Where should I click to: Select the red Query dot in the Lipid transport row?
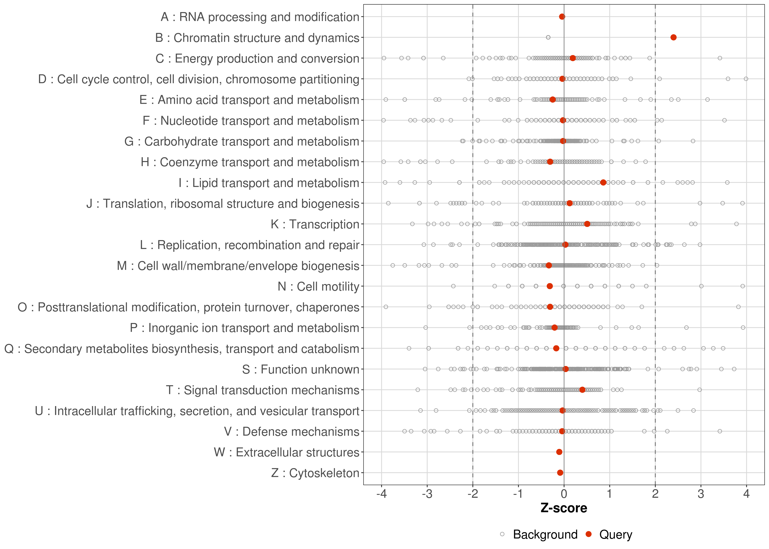point(603,183)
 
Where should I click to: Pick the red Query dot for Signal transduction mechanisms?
point(582,390)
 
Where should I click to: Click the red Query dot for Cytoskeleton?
point(560,473)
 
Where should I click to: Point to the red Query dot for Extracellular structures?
point(559,452)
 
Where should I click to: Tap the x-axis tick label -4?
point(381,494)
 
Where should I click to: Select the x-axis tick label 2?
point(655,494)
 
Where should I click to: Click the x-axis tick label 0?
point(564,494)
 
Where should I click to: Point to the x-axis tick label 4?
point(746,494)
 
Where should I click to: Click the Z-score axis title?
point(564,508)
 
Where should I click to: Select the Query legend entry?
point(615,535)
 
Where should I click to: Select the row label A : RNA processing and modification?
point(259,17)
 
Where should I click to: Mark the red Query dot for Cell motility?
point(549,286)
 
